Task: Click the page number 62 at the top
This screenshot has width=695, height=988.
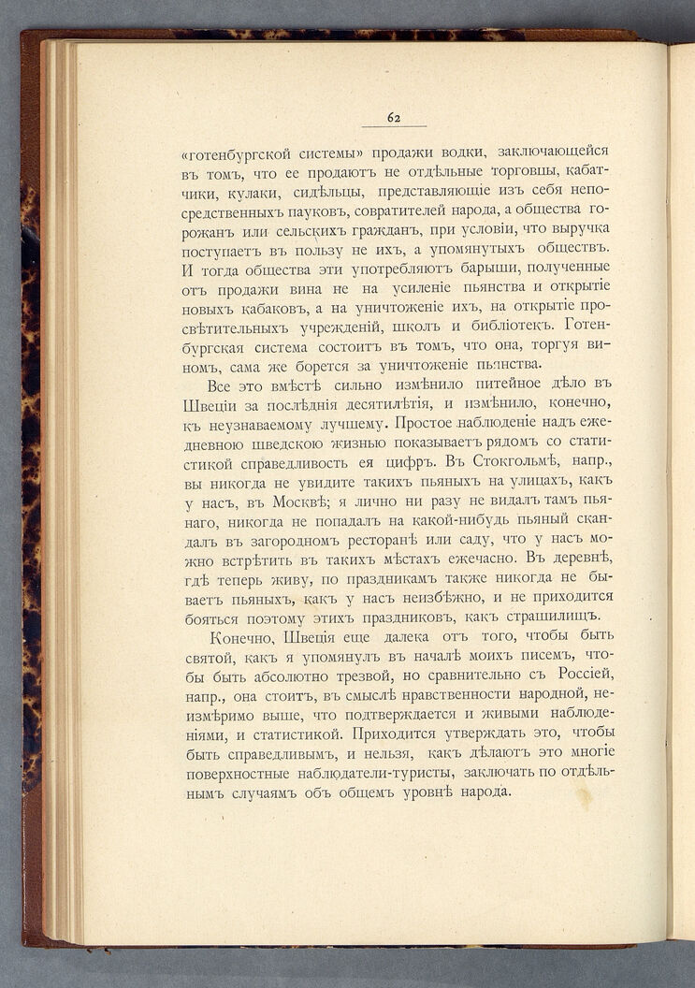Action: point(394,117)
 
